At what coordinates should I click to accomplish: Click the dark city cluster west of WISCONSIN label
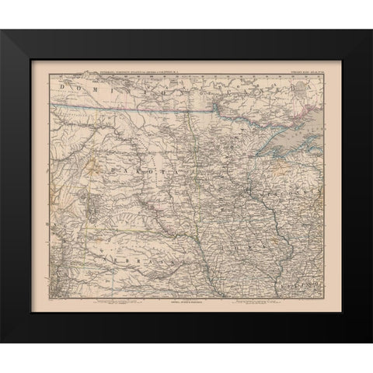(x=247, y=190)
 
